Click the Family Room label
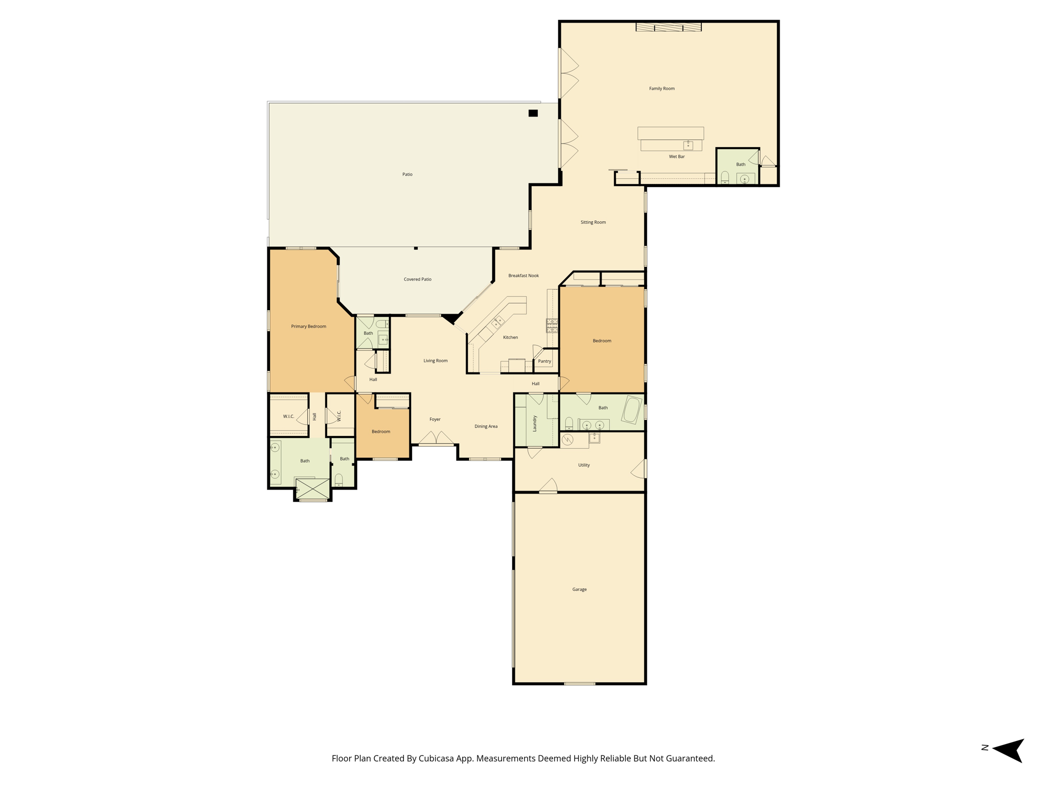click(x=662, y=88)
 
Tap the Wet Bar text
click(x=676, y=156)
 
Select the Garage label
click(x=579, y=589)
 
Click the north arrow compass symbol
click(x=1009, y=750)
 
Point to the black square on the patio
click(x=533, y=113)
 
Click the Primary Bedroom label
click(x=308, y=326)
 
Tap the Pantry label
click(x=544, y=361)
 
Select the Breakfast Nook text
click(x=523, y=275)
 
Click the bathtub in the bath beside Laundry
click(x=632, y=409)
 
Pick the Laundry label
click(x=535, y=423)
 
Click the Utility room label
click(x=584, y=465)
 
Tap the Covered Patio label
click(x=417, y=279)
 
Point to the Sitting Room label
click(x=593, y=222)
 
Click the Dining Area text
click(x=486, y=426)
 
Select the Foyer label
click(x=435, y=419)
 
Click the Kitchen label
click(x=510, y=337)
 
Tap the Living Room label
click(x=435, y=360)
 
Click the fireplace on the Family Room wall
click(x=668, y=27)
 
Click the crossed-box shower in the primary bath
click(x=312, y=488)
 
